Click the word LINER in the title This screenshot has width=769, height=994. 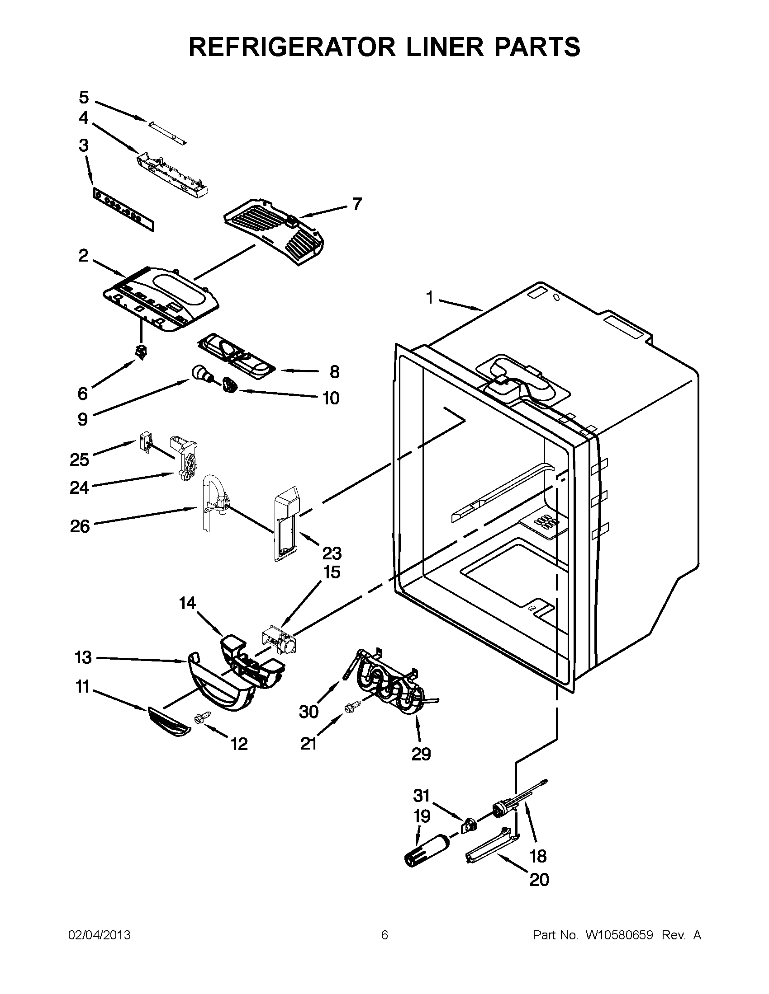tap(441, 47)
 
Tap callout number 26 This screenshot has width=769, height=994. tap(80, 526)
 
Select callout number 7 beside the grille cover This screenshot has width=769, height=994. tap(357, 204)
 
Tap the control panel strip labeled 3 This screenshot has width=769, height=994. tap(123, 209)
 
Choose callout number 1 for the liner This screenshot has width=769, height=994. tap(429, 298)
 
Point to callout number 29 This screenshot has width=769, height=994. tap(421, 754)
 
